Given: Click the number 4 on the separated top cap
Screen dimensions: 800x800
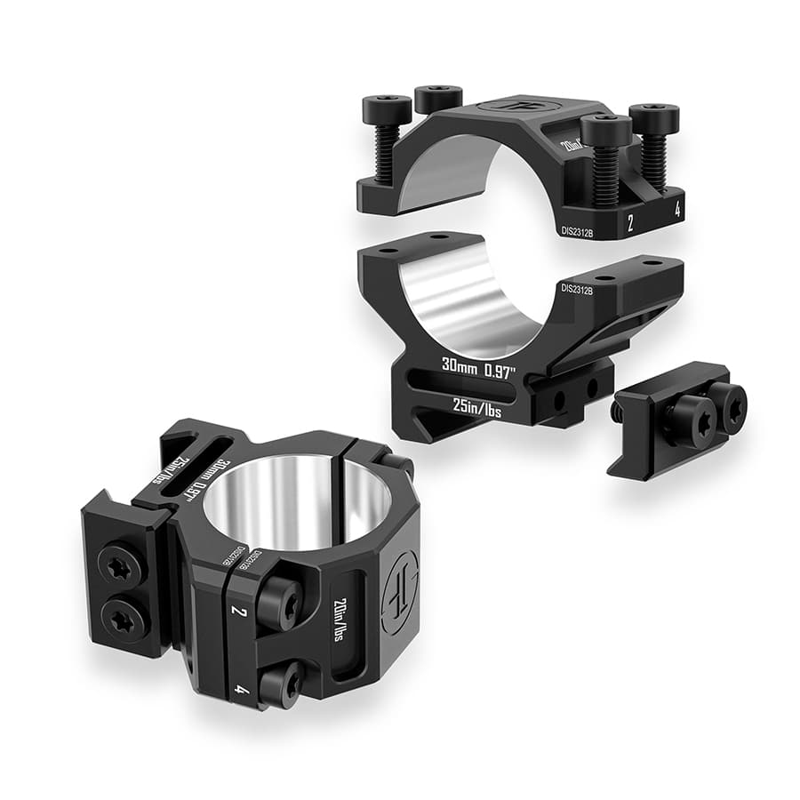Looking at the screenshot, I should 677,212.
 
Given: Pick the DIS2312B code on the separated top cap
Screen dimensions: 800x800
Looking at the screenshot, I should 581,229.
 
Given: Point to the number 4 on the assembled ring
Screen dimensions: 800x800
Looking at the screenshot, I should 241,687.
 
